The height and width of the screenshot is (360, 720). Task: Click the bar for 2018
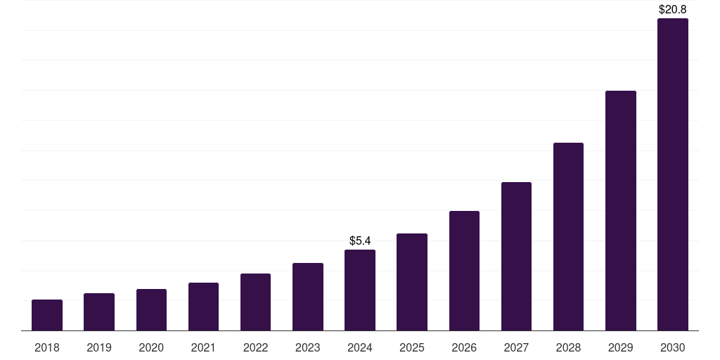pos(47,315)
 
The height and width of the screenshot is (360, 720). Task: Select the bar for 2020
pos(151,309)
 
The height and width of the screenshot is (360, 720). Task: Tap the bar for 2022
pos(255,302)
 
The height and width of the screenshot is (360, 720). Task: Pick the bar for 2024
pos(360,290)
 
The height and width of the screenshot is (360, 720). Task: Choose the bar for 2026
pos(464,271)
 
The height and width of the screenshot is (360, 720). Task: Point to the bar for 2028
pos(568,236)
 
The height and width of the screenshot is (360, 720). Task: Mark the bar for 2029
pos(621,210)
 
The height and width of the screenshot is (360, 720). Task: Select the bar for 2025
pos(412,282)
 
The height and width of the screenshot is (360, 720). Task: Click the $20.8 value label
pos(673,10)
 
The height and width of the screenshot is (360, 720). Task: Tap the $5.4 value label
pos(360,241)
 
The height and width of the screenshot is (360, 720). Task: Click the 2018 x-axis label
pos(47,347)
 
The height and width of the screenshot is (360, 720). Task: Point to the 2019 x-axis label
pos(99,347)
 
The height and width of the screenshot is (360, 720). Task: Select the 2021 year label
pos(203,347)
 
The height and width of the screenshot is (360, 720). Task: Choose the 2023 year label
pos(308,347)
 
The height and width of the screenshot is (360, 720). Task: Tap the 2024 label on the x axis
pos(360,347)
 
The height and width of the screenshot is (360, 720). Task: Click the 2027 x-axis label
pos(516,347)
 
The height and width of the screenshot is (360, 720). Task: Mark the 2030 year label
pos(673,347)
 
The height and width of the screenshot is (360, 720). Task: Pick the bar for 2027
pos(516,256)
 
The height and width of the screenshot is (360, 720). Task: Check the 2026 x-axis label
pos(464,347)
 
